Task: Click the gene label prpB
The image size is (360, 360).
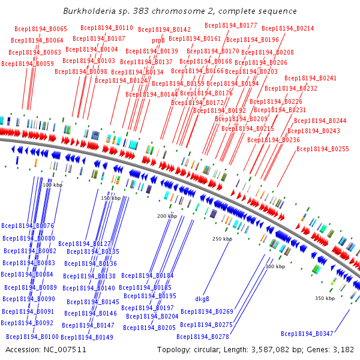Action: [x=158, y=40]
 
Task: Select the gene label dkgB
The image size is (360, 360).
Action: [x=202, y=299]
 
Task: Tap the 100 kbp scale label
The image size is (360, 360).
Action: [x=53, y=185]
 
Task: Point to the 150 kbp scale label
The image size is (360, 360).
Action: [x=110, y=198]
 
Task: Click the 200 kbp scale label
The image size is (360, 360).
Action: [x=167, y=216]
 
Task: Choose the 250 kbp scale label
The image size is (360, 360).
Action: [x=222, y=239]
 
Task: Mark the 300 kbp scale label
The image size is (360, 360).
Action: [x=275, y=266]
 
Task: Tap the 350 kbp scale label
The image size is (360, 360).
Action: [x=325, y=298]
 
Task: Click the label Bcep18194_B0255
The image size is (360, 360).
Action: [x=323, y=149]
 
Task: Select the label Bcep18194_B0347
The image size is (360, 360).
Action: [x=307, y=334]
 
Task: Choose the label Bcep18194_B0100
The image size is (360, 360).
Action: [x=33, y=337]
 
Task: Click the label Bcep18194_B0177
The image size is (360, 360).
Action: [x=231, y=25]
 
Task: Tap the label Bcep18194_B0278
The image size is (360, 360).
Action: [x=203, y=337]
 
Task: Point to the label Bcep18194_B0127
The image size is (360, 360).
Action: [x=85, y=244]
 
